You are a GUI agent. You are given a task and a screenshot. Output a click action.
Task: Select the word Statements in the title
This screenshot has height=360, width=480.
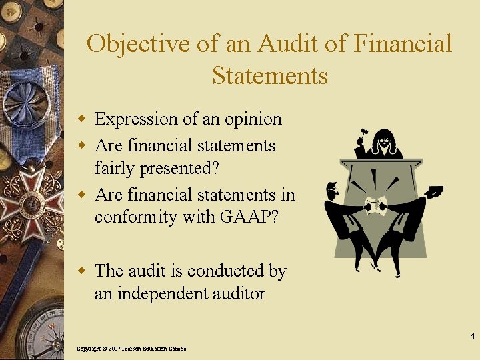(270, 75)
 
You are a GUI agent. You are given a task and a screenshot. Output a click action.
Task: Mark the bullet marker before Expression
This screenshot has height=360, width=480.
(83, 119)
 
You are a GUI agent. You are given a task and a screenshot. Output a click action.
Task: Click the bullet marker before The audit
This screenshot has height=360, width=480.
(83, 271)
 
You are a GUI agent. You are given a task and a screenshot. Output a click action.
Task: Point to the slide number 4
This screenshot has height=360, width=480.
(471, 336)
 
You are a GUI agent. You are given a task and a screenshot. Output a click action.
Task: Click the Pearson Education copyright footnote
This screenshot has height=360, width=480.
(131, 349)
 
